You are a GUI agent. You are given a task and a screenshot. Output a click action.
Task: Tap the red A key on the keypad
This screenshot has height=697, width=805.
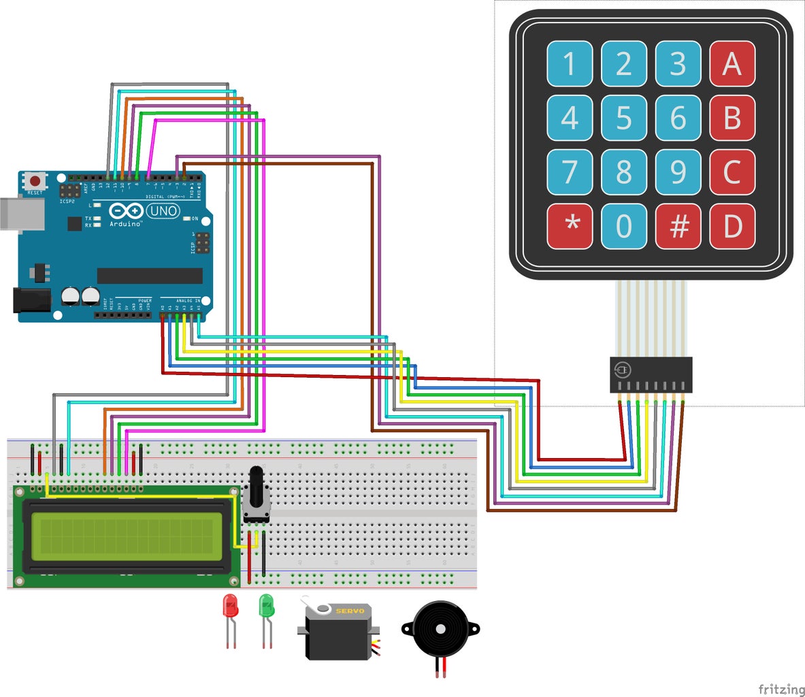click(732, 64)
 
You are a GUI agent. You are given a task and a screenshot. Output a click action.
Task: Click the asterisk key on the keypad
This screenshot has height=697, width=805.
click(570, 226)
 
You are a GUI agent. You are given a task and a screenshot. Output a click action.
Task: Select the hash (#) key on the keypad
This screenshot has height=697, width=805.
click(678, 226)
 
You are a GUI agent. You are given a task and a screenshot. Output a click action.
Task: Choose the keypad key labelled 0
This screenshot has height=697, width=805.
click(624, 226)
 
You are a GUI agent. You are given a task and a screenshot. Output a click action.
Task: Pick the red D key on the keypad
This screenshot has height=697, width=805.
click(732, 226)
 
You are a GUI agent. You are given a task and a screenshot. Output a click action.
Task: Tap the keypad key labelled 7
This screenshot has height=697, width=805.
click(570, 172)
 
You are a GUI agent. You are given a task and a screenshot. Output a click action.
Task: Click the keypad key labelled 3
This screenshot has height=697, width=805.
click(678, 64)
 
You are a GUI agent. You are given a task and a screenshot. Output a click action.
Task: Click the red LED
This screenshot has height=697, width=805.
click(231, 606)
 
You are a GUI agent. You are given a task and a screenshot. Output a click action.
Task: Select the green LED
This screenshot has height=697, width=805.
click(266, 606)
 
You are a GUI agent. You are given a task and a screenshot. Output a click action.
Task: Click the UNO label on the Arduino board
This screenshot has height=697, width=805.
click(163, 211)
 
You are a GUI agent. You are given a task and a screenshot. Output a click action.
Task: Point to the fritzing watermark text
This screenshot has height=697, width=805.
click(781, 689)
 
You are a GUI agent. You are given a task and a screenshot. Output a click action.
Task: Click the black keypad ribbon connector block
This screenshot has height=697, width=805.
click(651, 374)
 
